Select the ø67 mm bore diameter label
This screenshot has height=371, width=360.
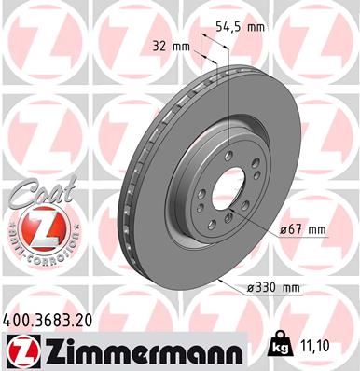click(304, 229)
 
